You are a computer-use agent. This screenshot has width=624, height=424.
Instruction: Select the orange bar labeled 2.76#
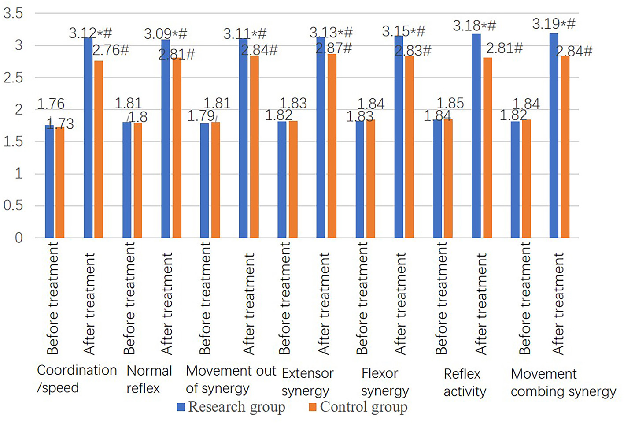[x=99, y=149]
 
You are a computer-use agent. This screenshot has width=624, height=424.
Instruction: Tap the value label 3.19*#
[x=554, y=24]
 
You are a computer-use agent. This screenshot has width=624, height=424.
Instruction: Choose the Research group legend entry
[x=231, y=407]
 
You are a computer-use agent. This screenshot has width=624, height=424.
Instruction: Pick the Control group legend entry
[x=358, y=407]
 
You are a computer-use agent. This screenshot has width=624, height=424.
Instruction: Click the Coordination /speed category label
[x=77, y=379]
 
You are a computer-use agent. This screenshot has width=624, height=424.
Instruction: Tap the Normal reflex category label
[x=149, y=379]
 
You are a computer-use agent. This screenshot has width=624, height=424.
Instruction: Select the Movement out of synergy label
[x=231, y=379]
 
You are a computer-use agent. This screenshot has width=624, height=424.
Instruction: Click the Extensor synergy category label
[x=307, y=382]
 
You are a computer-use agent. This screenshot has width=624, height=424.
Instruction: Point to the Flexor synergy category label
[x=384, y=382]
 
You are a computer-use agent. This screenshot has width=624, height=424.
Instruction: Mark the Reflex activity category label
[x=465, y=383]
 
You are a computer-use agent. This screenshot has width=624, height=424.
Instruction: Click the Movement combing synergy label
[x=563, y=383]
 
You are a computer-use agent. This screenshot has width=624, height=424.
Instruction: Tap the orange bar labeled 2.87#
[x=332, y=146]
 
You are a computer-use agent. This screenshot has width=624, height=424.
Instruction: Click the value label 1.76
[x=51, y=104]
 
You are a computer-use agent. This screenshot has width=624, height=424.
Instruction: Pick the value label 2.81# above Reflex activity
[x=504, y=48]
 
